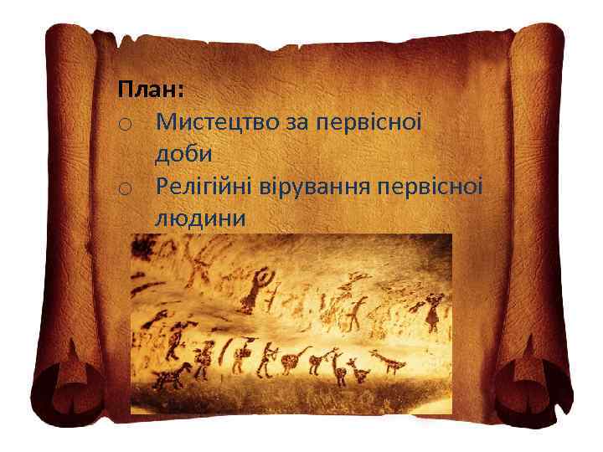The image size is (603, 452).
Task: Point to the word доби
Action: (x=183, y=154)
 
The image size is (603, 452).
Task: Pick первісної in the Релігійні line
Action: (x=432, y=186)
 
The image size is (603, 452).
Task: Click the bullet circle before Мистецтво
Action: (x=124, y=125)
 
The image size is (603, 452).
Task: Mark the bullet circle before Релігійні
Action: (x=124, y=188)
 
